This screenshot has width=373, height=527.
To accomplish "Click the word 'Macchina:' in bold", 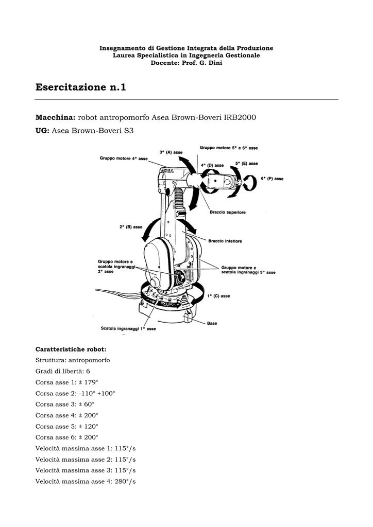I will coord(56,117).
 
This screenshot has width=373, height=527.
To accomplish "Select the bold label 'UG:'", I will coord(42,131).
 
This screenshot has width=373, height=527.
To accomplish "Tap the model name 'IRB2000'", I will coord(240,117).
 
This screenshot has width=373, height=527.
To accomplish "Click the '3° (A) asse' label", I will coord(171,152).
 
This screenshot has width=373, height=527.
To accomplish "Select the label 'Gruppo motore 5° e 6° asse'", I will coord(229,148).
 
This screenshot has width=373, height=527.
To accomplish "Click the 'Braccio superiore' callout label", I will coord(227,212).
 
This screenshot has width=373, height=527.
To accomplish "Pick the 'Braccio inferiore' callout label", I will coord(225,240).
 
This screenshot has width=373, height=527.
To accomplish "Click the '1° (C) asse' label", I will coord(218,296).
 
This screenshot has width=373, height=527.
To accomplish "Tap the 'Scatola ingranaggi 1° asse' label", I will coord(128,328).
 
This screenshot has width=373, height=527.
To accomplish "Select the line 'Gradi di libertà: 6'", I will coord(63,371).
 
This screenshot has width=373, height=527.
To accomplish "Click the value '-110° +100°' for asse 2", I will coord(96,393).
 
